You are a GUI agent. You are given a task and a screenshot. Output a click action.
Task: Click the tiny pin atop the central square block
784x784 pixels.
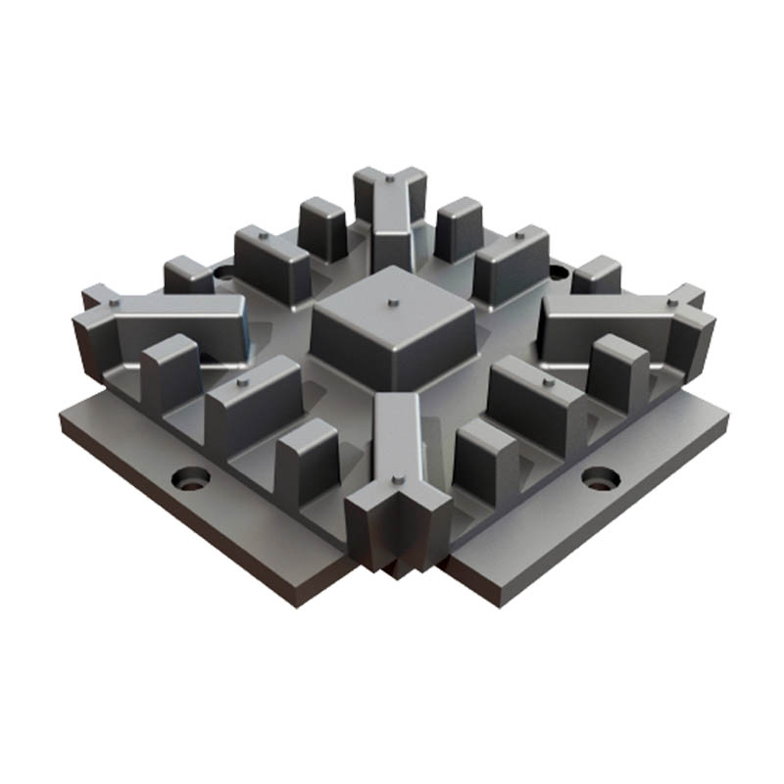[391, 303]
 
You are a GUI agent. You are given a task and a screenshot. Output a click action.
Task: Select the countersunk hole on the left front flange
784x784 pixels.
[191, 480]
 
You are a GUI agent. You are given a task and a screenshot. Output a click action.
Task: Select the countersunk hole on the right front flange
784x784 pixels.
[599, 477]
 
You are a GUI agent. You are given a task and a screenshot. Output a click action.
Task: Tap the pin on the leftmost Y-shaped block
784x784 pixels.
[115, 305]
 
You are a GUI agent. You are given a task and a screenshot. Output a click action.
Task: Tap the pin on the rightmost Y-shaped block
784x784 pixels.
[671, 303]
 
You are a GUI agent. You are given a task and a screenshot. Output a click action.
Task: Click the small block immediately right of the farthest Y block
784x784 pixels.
[459, 227]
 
